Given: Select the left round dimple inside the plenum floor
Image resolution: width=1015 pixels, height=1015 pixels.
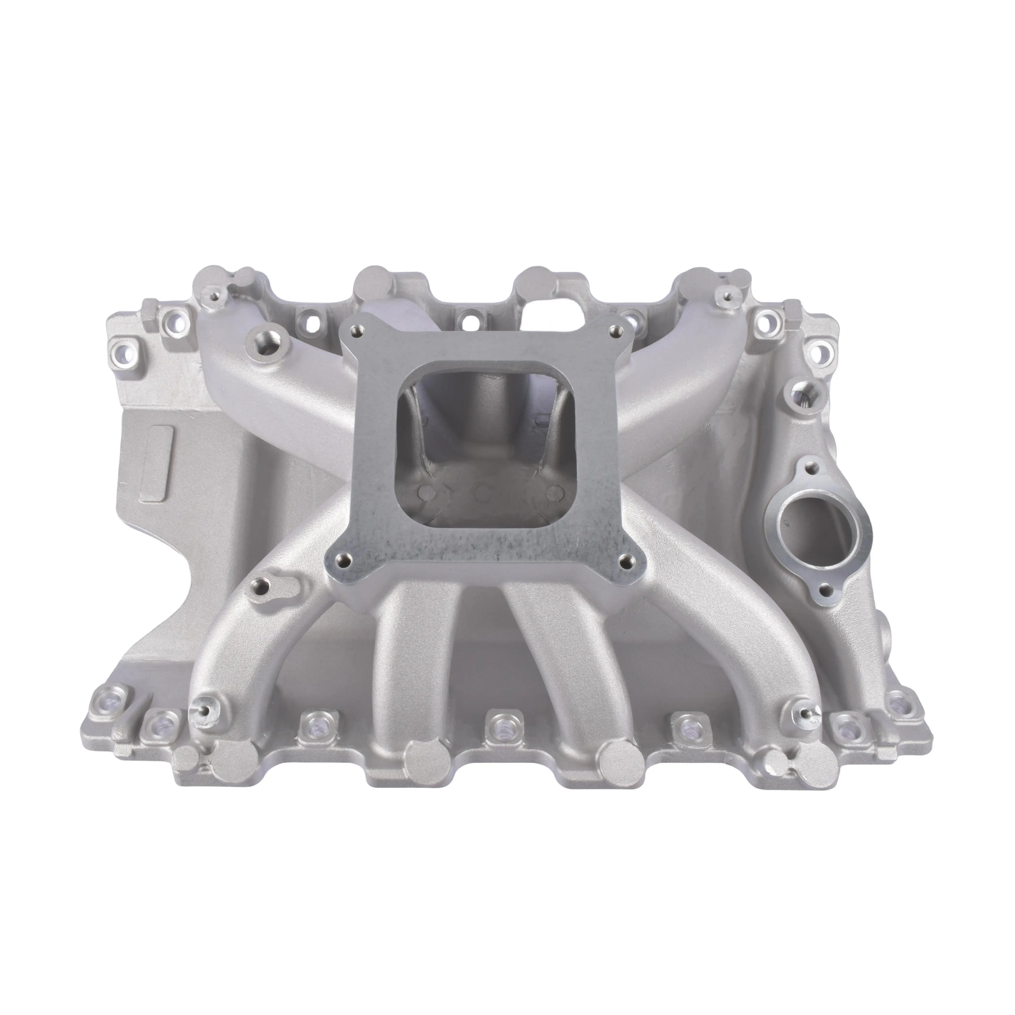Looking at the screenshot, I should [423, 491].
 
